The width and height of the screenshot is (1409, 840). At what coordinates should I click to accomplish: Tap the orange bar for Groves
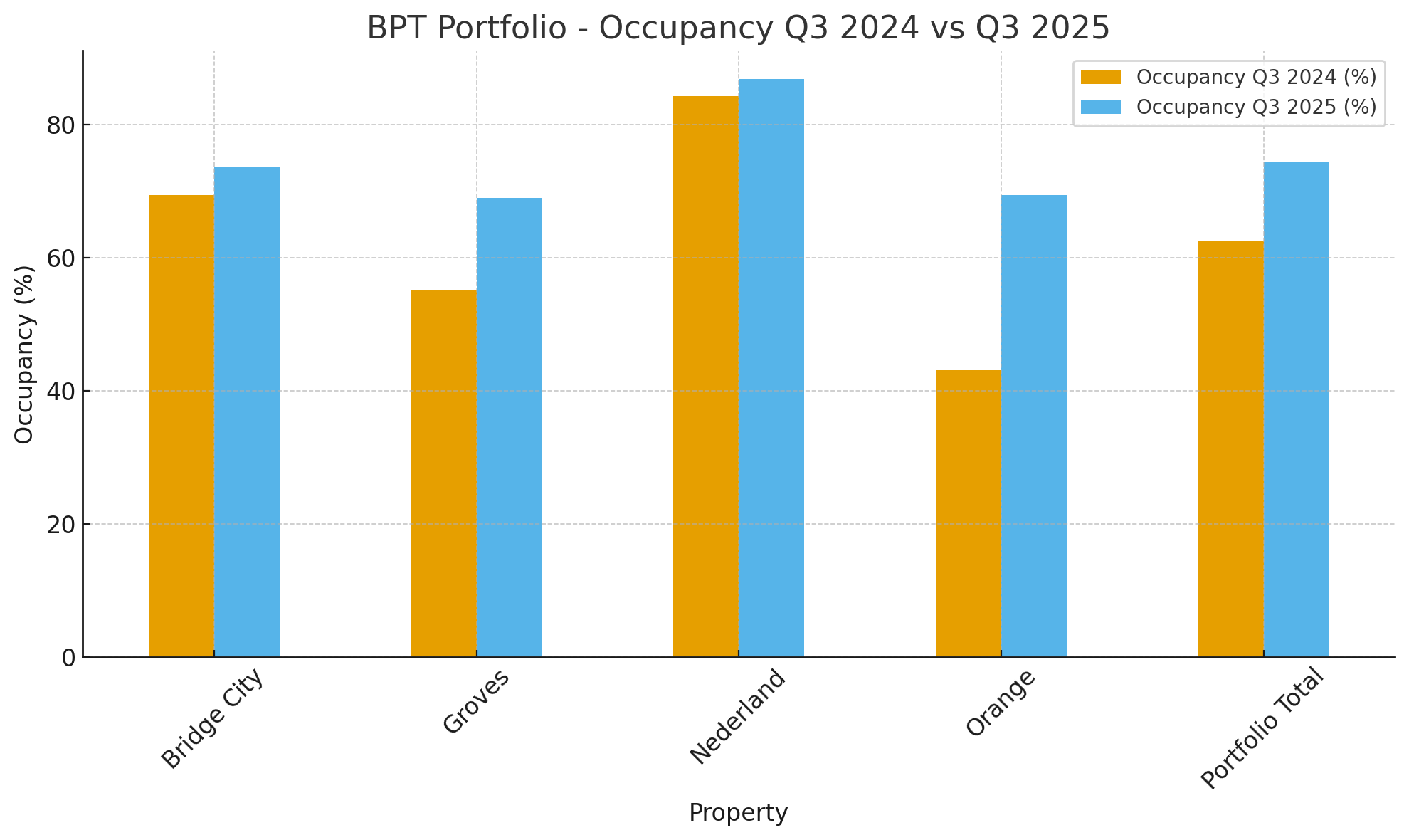coord(443,473)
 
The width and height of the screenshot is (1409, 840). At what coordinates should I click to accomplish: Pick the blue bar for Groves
coord(510,427)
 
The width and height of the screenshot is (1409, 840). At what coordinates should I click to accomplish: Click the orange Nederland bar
coord(706,377)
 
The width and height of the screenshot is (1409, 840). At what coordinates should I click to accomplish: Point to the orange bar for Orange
coord(968,513)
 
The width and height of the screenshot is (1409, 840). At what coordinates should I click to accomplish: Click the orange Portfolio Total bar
coord(1230,449)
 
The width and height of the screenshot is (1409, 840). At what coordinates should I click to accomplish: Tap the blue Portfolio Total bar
coord(1297,409)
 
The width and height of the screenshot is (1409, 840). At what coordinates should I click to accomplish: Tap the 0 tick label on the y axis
coord(68,658)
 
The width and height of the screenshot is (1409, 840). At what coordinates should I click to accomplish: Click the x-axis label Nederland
coord(738,717)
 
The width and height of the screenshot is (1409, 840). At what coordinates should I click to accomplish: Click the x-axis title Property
coord(738,813)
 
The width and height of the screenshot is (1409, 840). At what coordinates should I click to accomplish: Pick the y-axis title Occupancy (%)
coord(24,354)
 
